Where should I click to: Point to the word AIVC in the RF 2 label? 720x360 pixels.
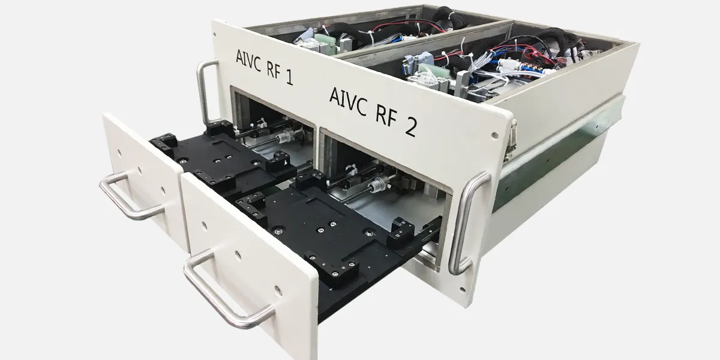coord(347,101)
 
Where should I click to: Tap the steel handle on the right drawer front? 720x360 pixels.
coord(225,289)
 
